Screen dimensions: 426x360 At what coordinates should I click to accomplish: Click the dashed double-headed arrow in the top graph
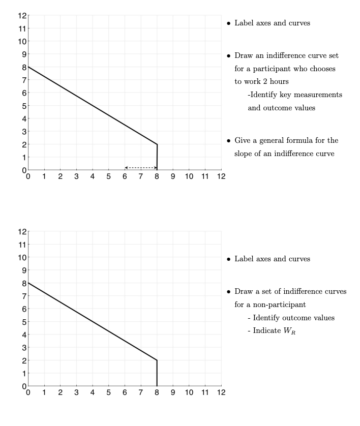coord(141,167)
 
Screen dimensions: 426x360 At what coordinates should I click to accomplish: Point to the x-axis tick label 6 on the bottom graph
coord(125,392)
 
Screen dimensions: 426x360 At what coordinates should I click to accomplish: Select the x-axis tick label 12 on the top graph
coord(221,176)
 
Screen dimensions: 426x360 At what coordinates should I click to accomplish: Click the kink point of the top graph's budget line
coord(157,144)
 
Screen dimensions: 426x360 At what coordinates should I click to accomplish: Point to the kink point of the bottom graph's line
coord(157,360)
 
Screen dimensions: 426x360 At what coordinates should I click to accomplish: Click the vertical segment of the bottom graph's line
coord(157,374)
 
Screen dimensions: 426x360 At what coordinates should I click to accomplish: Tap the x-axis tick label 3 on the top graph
coord(76,176)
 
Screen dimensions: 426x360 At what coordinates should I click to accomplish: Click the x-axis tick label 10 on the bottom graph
coord(189,392)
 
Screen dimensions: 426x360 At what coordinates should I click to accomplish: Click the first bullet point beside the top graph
coord(228,24)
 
